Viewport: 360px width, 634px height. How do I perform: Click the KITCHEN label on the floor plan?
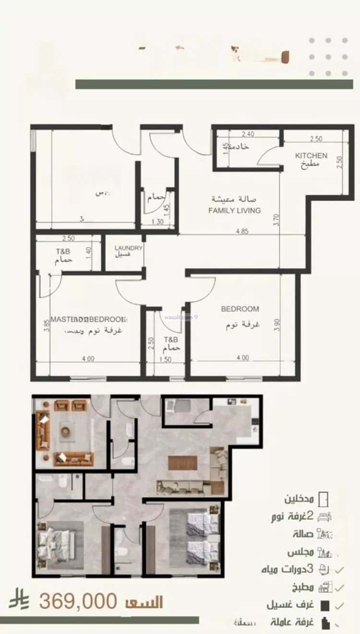[311, 156]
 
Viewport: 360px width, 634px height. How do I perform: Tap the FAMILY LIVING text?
[235, 210]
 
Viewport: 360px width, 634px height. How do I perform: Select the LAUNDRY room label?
[128, 248]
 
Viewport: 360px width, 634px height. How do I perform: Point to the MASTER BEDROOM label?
[88, 319]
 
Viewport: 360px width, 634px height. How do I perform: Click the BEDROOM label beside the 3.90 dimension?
[240, 309]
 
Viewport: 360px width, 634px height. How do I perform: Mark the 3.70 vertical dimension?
[276, 220]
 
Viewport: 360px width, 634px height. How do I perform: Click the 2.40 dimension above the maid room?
[248, 134]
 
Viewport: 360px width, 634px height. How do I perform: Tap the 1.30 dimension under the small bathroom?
[157, 221]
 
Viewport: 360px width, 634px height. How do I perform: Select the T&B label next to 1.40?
[63, 251]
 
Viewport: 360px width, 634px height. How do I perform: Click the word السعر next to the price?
[144, 602]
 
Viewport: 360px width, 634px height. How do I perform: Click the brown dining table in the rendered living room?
[182, 463]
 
